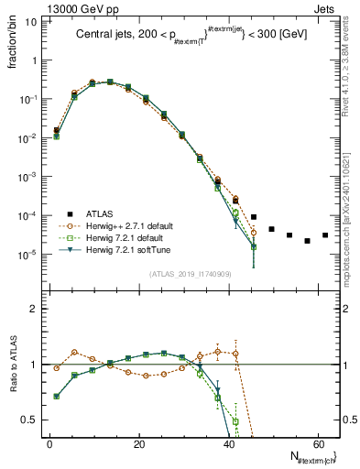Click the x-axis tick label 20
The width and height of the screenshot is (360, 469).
tap(137, 446)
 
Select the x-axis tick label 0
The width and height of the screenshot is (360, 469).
tap(49, 446)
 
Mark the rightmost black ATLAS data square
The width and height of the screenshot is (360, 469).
tap(324, 235)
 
